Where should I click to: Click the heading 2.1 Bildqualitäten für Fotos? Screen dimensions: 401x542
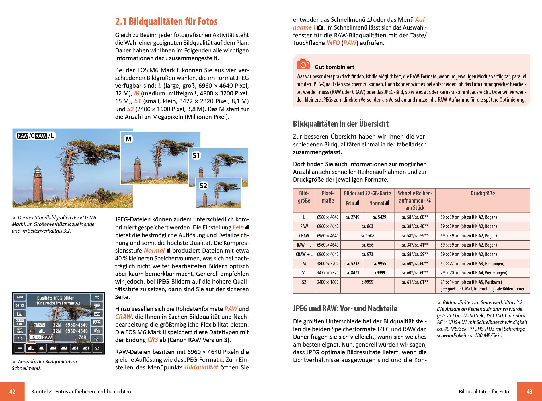tap(166, 21)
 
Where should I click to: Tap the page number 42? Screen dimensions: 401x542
tap(12, 392)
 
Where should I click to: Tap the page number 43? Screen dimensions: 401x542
tap(529, 392)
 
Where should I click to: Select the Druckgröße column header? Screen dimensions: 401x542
tap(482, 193)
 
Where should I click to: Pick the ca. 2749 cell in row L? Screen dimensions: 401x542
tap(352, 217)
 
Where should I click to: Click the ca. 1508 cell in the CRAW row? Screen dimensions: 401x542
tap(367, 236)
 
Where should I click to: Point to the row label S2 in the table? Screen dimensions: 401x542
tap(304, 282)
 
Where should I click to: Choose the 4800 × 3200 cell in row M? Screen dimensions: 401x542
tap(327, 264)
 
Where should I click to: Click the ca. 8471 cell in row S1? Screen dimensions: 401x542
tap(352, 273)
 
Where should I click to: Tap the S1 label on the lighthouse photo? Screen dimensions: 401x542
tap(196, 156)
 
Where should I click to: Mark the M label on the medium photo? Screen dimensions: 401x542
tap(128, 139)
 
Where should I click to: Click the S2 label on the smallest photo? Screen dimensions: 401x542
tap(203, 186)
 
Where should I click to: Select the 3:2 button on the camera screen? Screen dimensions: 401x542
tap(20, 339)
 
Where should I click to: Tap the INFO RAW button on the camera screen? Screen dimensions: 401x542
tap(42, 337)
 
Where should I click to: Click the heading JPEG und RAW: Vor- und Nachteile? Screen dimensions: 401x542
tap(345, 309)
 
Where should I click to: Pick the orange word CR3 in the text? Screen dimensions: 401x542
tap(153, 340)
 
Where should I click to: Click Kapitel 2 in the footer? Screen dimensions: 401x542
tap(42, 392)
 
